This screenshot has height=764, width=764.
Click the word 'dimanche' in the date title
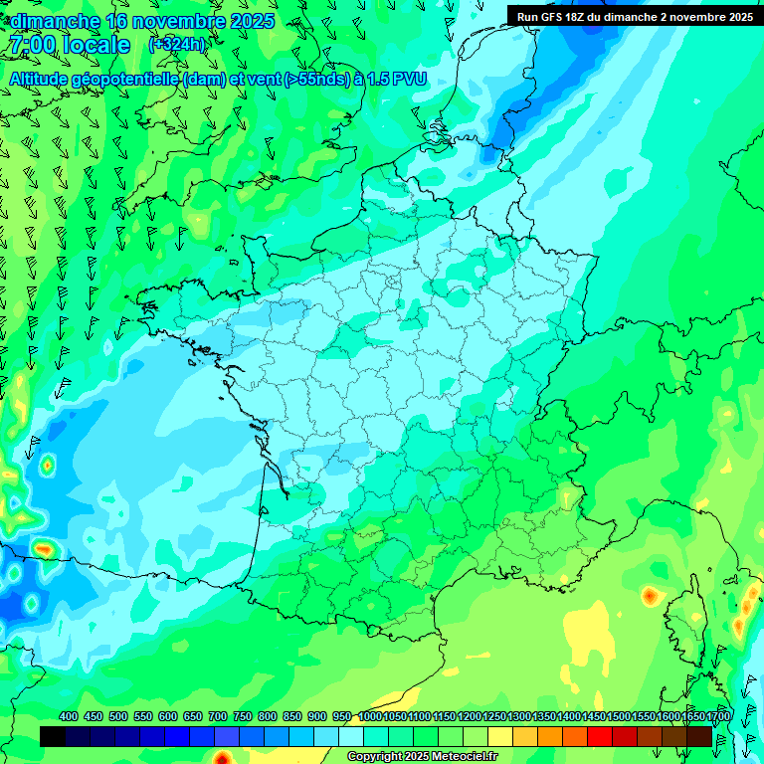(52, 21)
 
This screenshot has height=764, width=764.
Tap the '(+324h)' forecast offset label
(176, 45)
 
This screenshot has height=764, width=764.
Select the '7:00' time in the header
(31, 45)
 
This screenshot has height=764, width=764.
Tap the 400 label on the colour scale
(69, 716)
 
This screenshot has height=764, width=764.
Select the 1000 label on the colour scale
(370, 716)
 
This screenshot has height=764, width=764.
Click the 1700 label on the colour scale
(718, 716)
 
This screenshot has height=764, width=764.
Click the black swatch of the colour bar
(53, 736)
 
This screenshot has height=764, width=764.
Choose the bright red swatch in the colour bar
(600, 736)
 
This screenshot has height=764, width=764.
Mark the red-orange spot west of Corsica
(650, 596)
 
